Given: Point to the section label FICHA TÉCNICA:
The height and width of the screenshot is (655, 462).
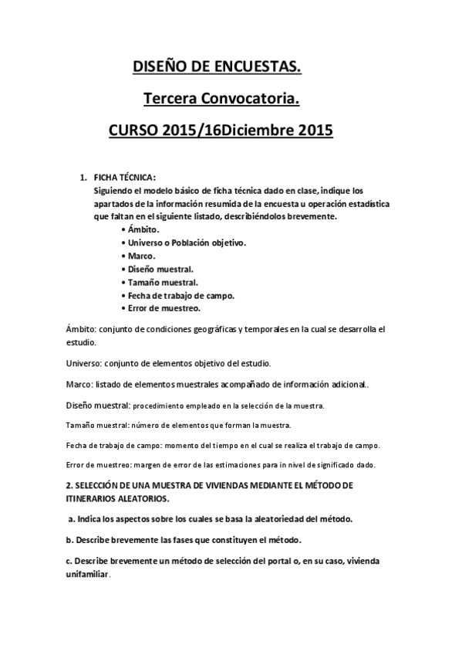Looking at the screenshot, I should click(x=124, y=177).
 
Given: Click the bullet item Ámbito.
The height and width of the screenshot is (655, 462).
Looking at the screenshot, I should click(x=143, y=230).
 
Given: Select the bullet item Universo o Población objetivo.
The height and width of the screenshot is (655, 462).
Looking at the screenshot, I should click(x=187, y=243).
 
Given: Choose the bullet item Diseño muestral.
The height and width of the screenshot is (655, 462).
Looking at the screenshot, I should click(x=161, y=269).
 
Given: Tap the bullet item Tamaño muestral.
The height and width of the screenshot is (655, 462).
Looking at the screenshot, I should click(x=163, y=282).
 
